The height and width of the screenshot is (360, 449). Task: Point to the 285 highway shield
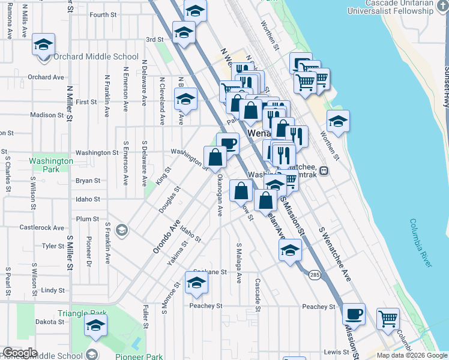coord(315,274)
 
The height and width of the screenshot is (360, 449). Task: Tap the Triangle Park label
coord(82,313)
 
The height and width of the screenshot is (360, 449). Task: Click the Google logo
coord(20,353)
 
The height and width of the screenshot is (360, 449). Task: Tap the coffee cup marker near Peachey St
coord(354,313)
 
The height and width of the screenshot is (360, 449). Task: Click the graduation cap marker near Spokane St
coord(196,283)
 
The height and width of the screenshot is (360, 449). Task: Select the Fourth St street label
coord(103,14)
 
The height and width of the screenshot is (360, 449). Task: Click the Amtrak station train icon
coord(324,170)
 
